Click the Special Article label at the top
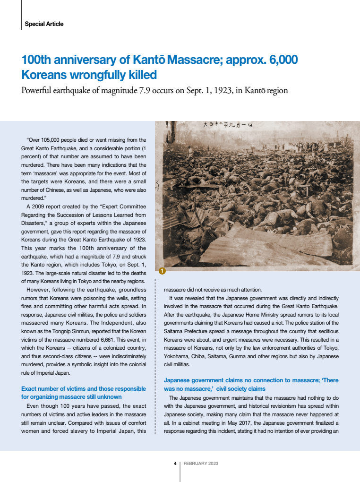[44, 24]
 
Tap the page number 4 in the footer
[175, 464]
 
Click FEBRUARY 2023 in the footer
[201, 464]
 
